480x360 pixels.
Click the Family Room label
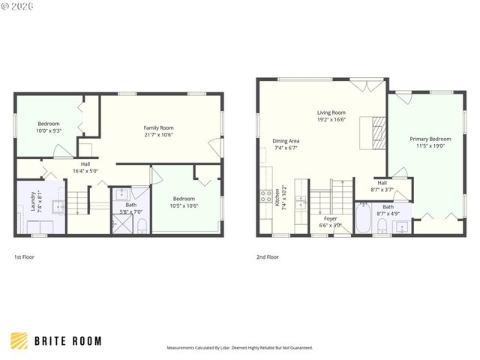click(158, 127)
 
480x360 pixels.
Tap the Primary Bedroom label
click(430, 139)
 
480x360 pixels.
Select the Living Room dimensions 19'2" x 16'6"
click(330, 119)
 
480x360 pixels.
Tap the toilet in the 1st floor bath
click(142, 223)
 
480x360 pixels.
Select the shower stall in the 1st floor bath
click(121, 223)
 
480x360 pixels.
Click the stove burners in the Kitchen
click(265, 196)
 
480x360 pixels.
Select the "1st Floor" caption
click(24, 257)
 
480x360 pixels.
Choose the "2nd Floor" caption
click(268, 257)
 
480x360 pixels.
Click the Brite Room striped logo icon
click(19, 340)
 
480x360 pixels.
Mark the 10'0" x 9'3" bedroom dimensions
click(49, 130)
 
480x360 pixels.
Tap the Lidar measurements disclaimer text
click(240, 348)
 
